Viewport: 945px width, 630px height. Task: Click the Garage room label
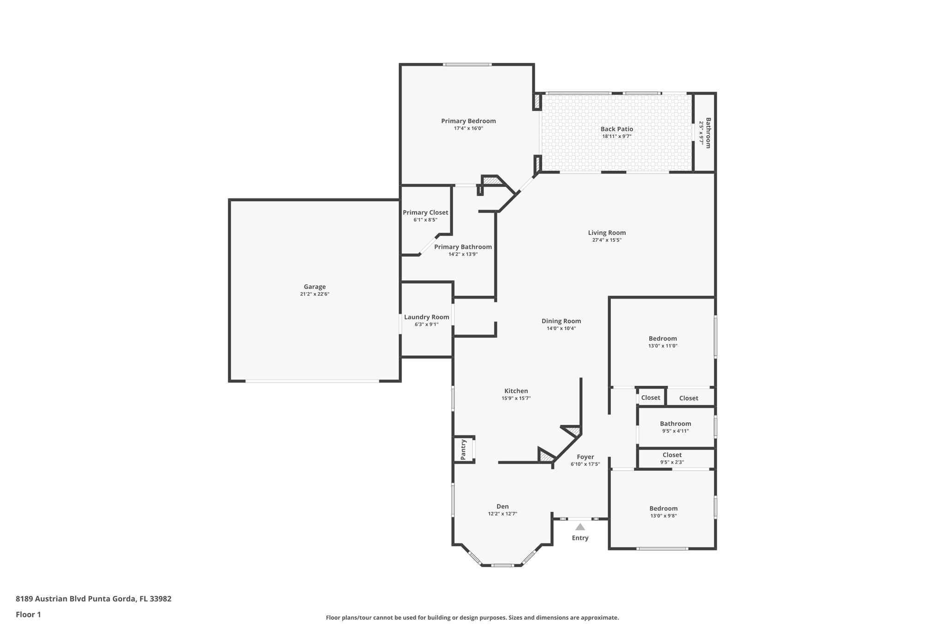[315, 287]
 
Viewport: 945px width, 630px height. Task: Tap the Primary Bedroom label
[468, 121]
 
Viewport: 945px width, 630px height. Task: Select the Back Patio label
[616, 129]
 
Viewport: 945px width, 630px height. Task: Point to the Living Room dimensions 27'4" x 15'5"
[607, 240]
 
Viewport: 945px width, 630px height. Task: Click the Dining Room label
[561, 321]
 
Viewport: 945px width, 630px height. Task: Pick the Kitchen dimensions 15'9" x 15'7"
[516, 398]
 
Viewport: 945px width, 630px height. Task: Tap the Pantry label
[464, 449]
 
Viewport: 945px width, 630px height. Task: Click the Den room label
[502, 506]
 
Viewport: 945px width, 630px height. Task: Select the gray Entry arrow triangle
[580, 527]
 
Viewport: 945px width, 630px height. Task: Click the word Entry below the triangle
[580, 538]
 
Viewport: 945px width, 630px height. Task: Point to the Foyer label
[585, 457]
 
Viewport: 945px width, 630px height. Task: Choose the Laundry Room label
[426, 317]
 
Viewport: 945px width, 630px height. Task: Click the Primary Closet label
[425, 213]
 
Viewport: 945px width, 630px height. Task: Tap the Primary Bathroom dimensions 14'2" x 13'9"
[463, 254]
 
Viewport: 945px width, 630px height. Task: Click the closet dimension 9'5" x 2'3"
[672, 462]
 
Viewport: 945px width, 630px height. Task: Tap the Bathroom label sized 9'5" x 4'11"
[675, 424]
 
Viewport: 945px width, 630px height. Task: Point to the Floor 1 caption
[28, 615]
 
